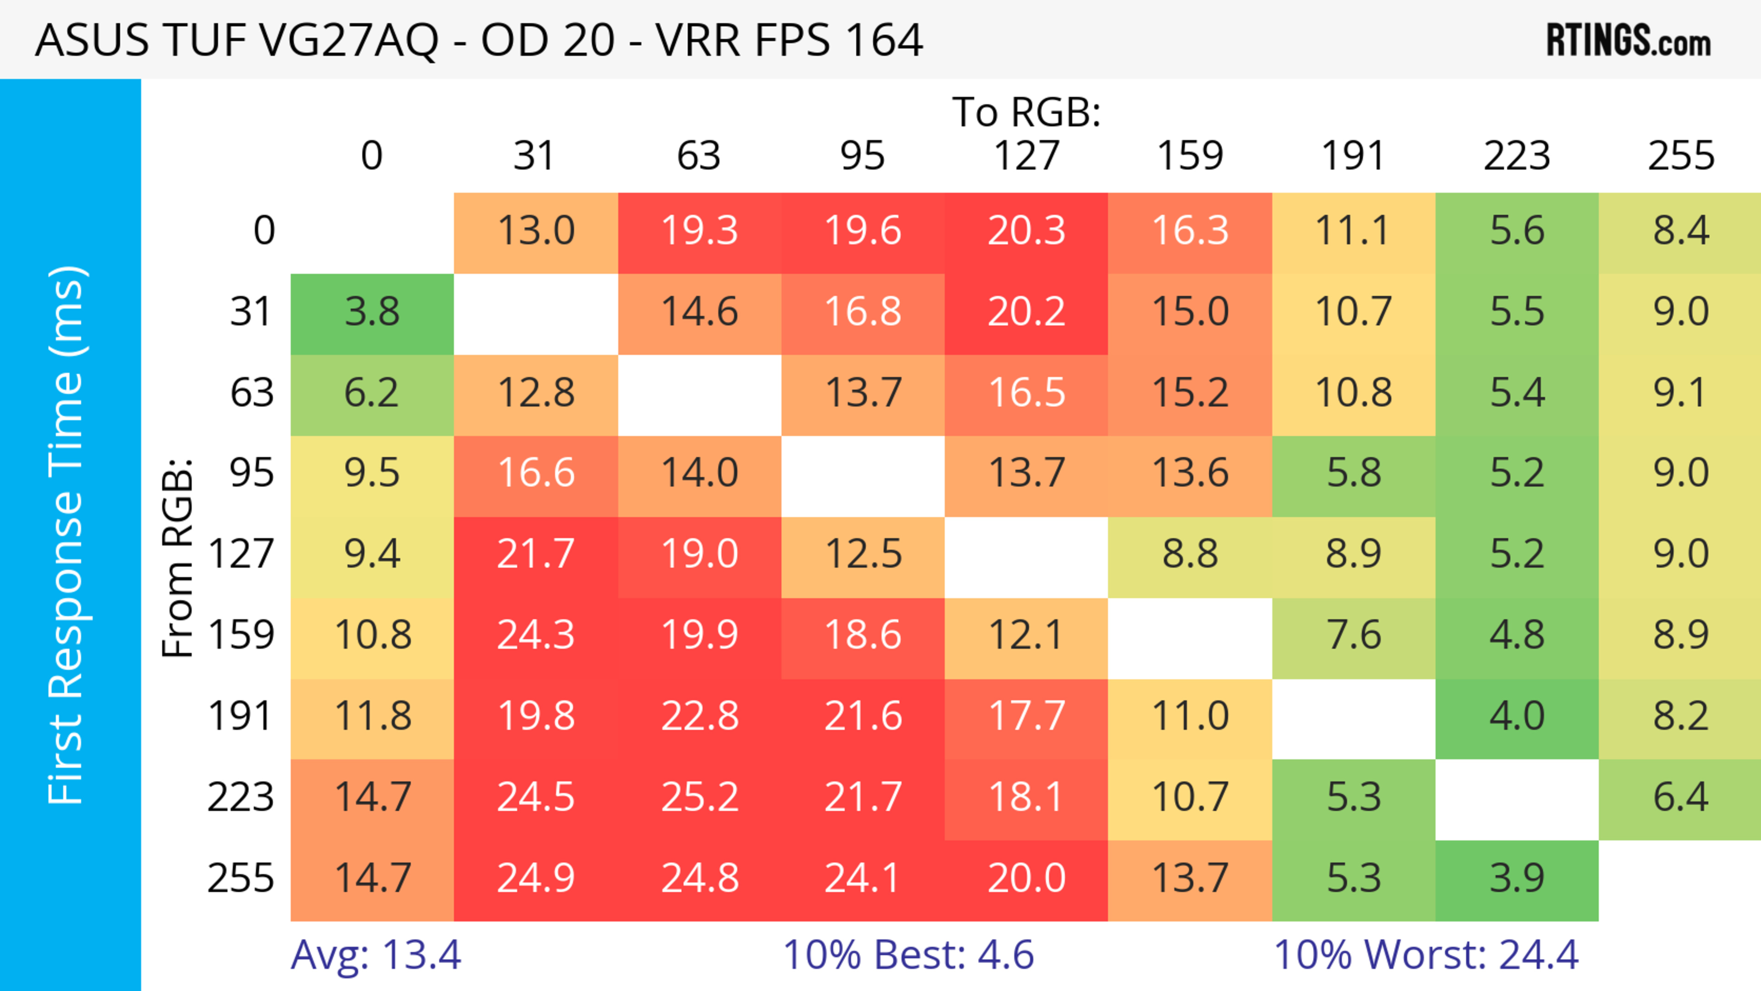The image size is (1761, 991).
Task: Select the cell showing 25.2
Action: pos(699,797)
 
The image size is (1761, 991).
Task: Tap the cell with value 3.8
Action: pos(372,312)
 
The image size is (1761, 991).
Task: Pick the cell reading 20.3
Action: pos(1026,230)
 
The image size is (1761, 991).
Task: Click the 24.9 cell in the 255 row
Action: pos(535,878)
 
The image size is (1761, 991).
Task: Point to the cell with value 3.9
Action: pos(1517,878)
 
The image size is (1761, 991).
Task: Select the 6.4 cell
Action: pos(1680,797)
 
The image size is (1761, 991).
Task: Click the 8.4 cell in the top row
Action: pos(1680,230)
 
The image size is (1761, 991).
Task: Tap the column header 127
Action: pos(1026,156)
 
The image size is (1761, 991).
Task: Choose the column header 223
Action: pos(1517,156)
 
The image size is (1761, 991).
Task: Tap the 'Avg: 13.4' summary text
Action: pos(376,955)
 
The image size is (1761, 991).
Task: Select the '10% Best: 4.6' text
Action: pos(908,955)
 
